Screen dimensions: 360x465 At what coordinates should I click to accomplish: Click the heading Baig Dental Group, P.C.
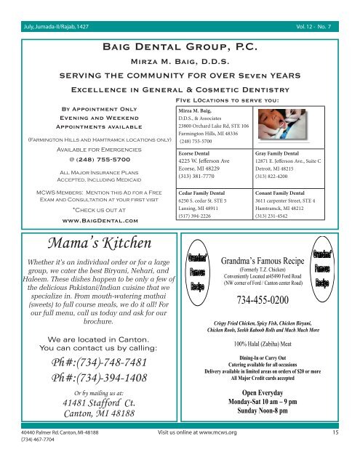pos(180,46)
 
